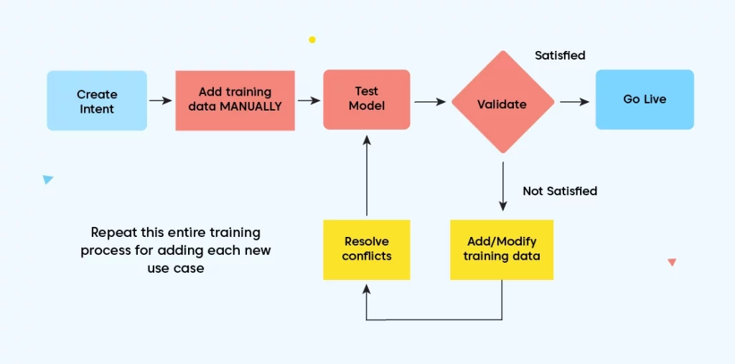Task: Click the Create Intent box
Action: [97, 101]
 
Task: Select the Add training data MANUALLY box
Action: [235, 101]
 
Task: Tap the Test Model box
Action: [367, 100]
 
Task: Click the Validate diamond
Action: [503, 102]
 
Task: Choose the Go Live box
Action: [645, 100]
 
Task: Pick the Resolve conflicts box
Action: [367, 250]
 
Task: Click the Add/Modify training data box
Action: [502, 250]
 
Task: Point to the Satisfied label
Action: [560, 55]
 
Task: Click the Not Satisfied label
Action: [560, 191]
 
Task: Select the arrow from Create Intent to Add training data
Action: [161, 101]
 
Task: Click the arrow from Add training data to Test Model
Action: [309, 101]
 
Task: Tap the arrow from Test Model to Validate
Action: [430, 101]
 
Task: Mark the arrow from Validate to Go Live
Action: [575, 102]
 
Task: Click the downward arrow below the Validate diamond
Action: [503, 187]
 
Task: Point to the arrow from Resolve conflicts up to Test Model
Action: [367, 175]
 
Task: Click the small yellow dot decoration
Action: [312, 40]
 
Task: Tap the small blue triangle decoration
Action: [47, 179]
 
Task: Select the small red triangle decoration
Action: [672, 262]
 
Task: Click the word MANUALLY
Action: [251, 106]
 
